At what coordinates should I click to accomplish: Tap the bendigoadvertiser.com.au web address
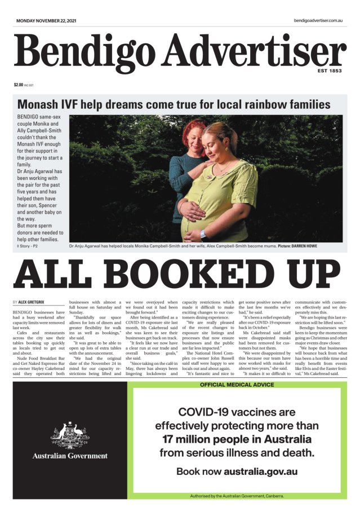[x=318, y=20]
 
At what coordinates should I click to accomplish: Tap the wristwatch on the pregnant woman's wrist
[x=203, y=233]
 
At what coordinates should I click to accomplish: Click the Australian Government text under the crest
[x=70, y=456]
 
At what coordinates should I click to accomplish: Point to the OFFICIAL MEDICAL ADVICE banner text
[x=237, y=385]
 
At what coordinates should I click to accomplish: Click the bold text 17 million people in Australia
[x=237, y=439]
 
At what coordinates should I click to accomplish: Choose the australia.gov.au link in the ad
[x=260, y=471]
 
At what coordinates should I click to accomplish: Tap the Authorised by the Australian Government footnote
[x=237, y=496]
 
